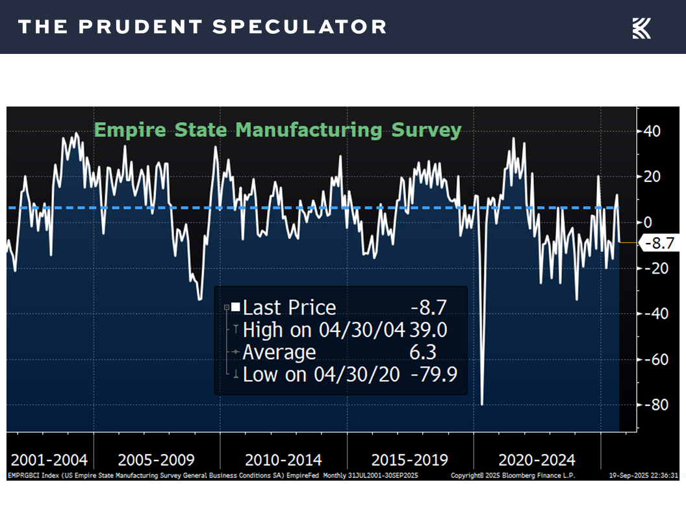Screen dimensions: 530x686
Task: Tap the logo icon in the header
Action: pos(641,28)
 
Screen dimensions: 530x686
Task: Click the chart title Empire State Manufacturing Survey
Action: pos(277,130)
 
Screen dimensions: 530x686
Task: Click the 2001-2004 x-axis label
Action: pos(49,460)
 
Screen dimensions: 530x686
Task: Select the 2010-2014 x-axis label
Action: pos(283,460)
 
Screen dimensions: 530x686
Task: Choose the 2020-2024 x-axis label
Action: pos(537,460)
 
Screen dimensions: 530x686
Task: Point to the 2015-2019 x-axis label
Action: pos(410,460)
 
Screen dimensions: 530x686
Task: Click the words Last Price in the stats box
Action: pos(289,308)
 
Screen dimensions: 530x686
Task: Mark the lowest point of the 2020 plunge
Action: pos(482,404)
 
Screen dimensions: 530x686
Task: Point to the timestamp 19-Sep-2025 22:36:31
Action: pos(643,475)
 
